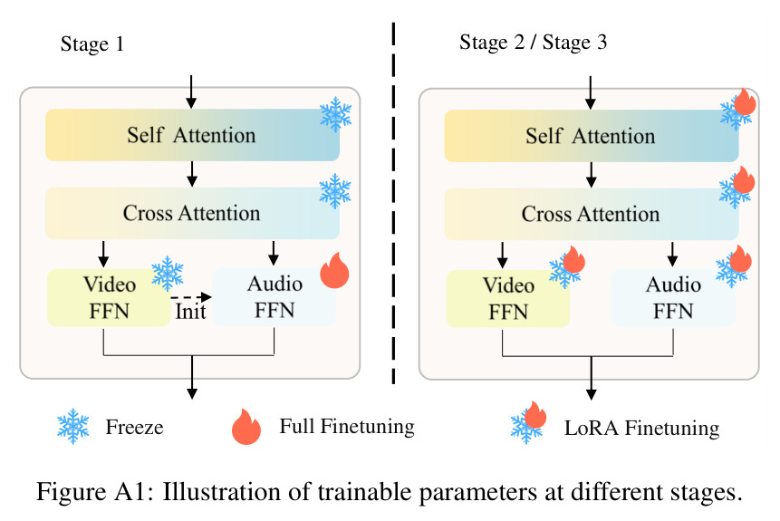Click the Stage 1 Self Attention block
coord(193,135)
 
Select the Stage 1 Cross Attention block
coord(193,213)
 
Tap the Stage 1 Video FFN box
coord(109,297)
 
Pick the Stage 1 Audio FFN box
coord(274,297)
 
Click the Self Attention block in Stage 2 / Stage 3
coord(592,136)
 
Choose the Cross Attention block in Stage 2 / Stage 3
coord(592,214)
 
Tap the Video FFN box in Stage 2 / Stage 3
coord(508,299)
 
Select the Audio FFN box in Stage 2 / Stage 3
coord(673,298)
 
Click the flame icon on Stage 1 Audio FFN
coord(335,270)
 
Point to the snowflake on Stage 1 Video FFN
coord(167,274)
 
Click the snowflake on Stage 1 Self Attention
coord(336,114)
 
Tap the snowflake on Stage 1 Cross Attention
coord(335,191)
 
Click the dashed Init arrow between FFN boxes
coord(191,297)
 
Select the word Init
coord(190,312)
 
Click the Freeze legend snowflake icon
coord(73,427)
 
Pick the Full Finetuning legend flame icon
coord(246,427)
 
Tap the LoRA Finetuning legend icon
coord(528,422)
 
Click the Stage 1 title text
coord(92,43)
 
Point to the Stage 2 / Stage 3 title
coord(534,43)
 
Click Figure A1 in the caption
coord(91,492)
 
